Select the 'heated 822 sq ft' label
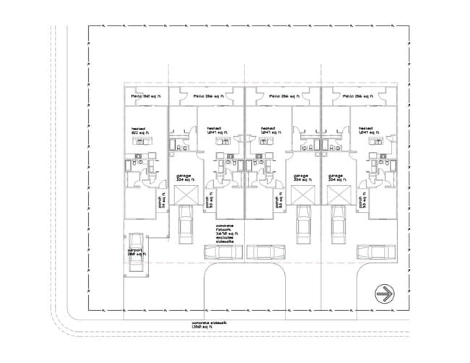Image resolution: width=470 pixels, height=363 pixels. tap(140, 131)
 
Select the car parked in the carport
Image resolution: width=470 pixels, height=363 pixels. tap(136, 252)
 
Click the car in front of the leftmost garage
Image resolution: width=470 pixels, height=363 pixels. tap(184, 226)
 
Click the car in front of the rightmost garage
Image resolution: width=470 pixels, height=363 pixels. tap(337, 226)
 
